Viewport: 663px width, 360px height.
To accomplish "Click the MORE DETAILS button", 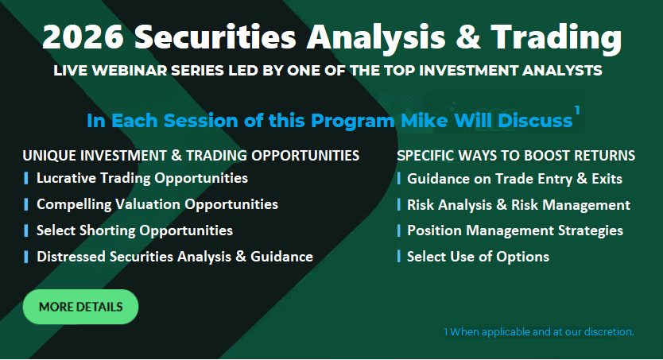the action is pos(80,307).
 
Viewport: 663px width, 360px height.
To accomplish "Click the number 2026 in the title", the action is pos(83,37).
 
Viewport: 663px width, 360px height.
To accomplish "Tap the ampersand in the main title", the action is pos(468,37).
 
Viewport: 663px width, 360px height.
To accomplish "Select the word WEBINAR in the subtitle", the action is pos(130,70).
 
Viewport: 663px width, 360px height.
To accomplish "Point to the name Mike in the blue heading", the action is pos(424,121).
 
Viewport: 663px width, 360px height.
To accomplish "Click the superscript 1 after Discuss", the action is pos(576,110).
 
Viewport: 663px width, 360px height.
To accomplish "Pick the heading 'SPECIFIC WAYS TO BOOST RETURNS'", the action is pos(516,156).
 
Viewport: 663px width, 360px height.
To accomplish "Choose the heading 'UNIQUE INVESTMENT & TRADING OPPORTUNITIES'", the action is pos(191,156).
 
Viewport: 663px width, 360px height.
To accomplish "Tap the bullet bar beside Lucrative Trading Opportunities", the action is pos(26,178).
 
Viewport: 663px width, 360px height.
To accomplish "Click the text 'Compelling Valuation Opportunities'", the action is pos(157,204).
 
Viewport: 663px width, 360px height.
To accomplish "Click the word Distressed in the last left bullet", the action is pos(71,257).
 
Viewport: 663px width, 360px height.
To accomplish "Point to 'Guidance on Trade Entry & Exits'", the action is pos(514,179).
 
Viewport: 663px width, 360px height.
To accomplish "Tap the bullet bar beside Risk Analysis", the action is pos(399,204).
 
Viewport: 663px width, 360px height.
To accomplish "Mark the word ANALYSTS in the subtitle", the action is pos(562,70).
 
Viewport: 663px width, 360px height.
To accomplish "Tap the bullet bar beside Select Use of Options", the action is pos(399,256).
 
